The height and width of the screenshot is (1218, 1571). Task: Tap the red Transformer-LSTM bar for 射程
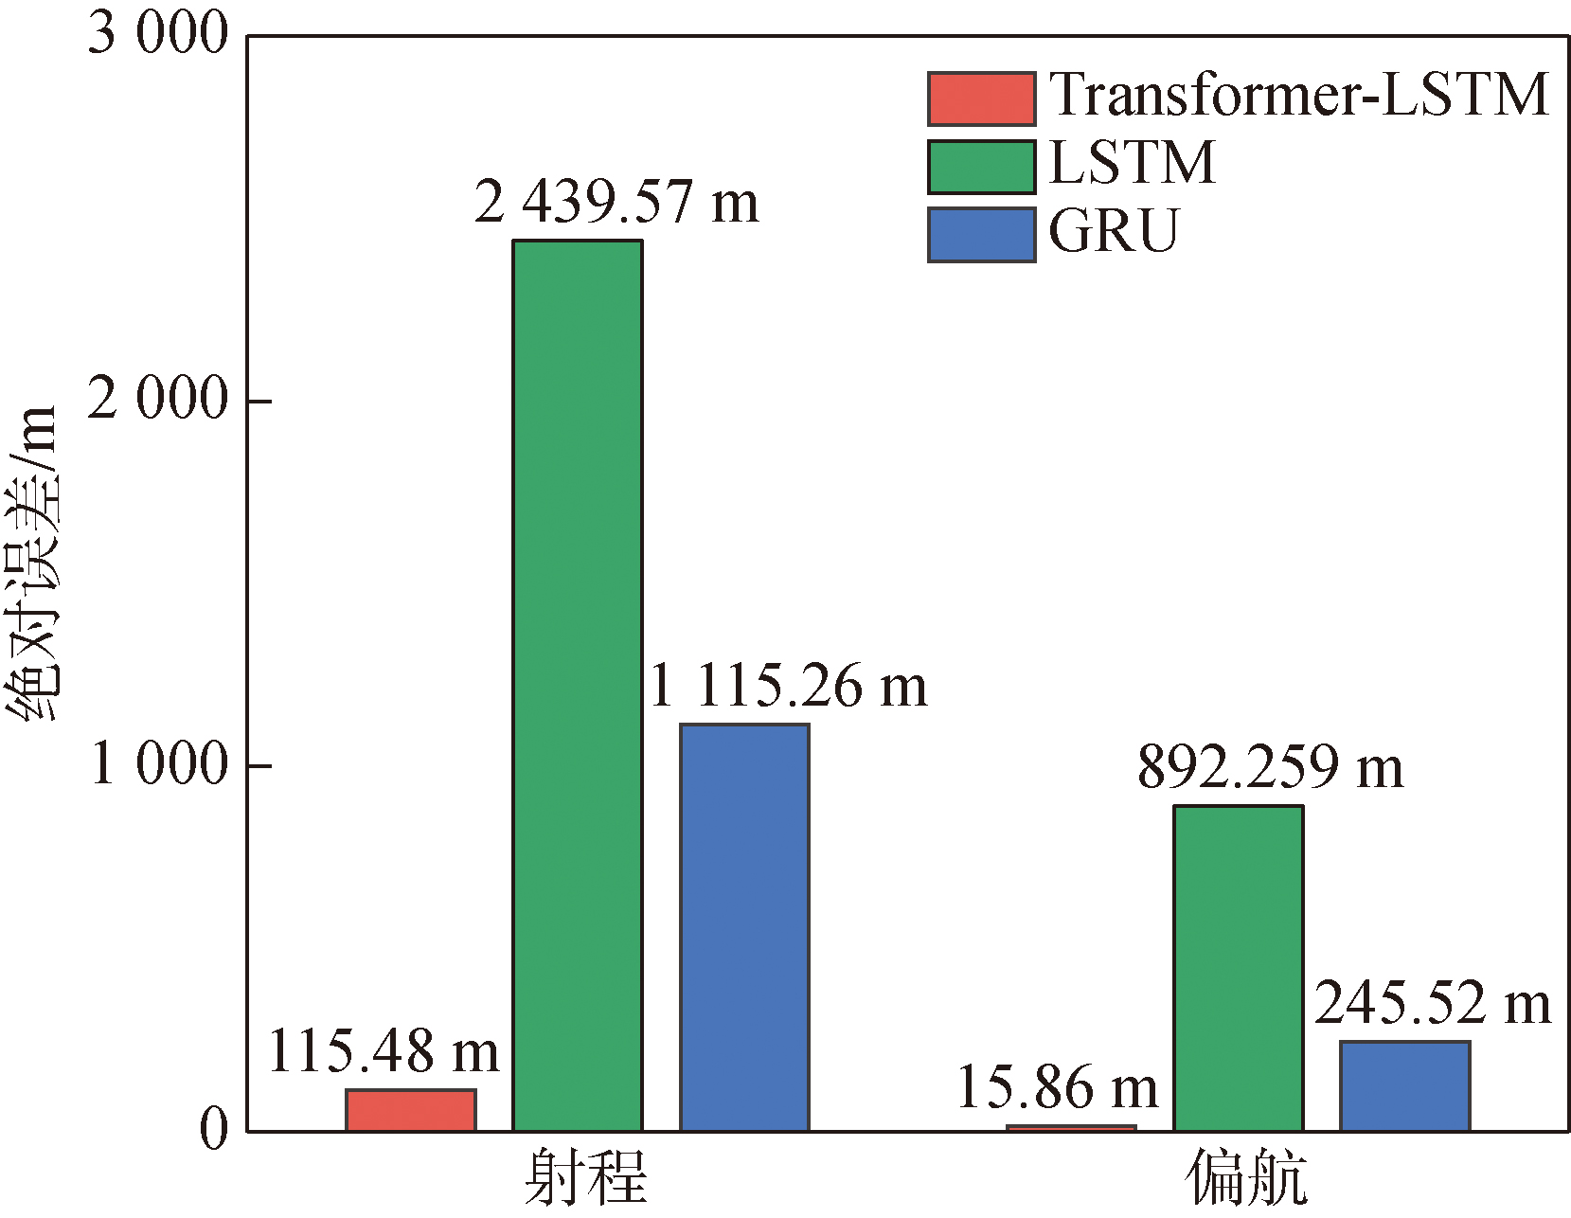(410, 1110)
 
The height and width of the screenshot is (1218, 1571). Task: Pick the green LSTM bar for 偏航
(1238, 968)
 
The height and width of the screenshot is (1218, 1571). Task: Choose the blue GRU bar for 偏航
(1404, 1085)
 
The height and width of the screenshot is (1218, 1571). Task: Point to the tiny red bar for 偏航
(1070, 1127)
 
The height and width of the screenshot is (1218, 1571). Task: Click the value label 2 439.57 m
(616, 202)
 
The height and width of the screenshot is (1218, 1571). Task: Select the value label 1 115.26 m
(788, 686)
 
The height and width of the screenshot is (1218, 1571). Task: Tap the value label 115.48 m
(383, 1051)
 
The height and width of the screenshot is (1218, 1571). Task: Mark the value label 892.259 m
(1270, 766)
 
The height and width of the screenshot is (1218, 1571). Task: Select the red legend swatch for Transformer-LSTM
(980, 99)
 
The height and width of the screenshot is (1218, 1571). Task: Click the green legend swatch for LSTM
(980, 167)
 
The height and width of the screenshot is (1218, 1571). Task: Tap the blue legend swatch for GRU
(980, 234)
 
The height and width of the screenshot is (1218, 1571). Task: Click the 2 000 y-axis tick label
(158, 399)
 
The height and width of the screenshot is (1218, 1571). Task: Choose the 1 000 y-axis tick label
(158, 763)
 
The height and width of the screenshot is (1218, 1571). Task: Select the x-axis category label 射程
(585, 1177)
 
